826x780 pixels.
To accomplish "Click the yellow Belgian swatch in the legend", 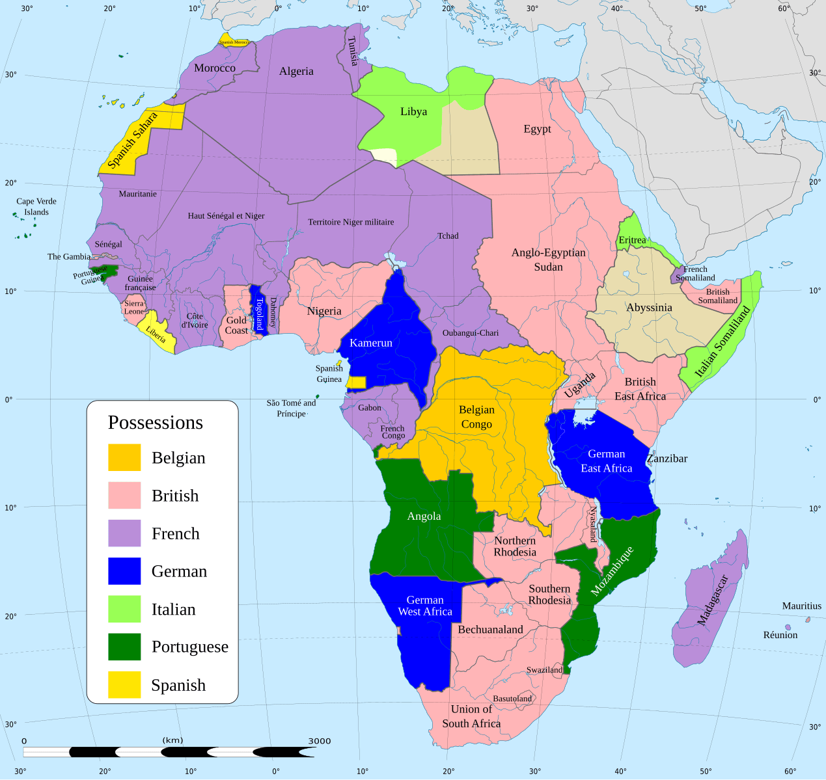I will pyautogui.click(x=124, y=457).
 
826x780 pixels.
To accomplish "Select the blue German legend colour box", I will pyautogui.click(x=124, y=571).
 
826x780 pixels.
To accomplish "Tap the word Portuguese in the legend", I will pyautogui.click(x=190, y=647).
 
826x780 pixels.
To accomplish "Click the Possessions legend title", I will pyautogui.click(x=156, y=422).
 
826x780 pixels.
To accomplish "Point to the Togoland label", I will pyautogui.click(x=259, y=314).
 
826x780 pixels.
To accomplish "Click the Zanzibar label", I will pyautogui.click(x=667, y=459).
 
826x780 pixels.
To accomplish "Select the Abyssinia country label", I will pyautogui.click(x=649, y=308).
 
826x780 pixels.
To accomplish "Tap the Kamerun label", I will pyautogui.click(x=371, y=343).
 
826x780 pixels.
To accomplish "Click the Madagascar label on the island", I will pyautogui.click(x=712, y=600).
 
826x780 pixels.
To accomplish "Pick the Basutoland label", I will pyautogui.click(x=512, y=699).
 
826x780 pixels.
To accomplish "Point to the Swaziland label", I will pyautogui.click(x=544, y=670).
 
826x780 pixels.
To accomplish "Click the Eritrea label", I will pyautogui.click(x=632, y=240).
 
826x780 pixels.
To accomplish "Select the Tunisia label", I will pyautogui.click(x=352, y=51).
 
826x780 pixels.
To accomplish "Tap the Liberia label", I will pyautogui.click(x=156, y=334).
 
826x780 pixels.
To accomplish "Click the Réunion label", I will pyautogui.click(x=780, y=635).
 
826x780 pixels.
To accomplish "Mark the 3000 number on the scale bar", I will pyautogui.click(x=320, y=741).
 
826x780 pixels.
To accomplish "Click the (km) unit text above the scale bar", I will pyautogui.click(x=172, y=740).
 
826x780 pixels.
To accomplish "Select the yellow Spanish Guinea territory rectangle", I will pyautogui.click(x=357, y=383).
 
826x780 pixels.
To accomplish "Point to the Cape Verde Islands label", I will pyautogui.click(x=36, y=206).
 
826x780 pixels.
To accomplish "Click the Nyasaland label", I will pyautogui.click(x=593, y=524).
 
